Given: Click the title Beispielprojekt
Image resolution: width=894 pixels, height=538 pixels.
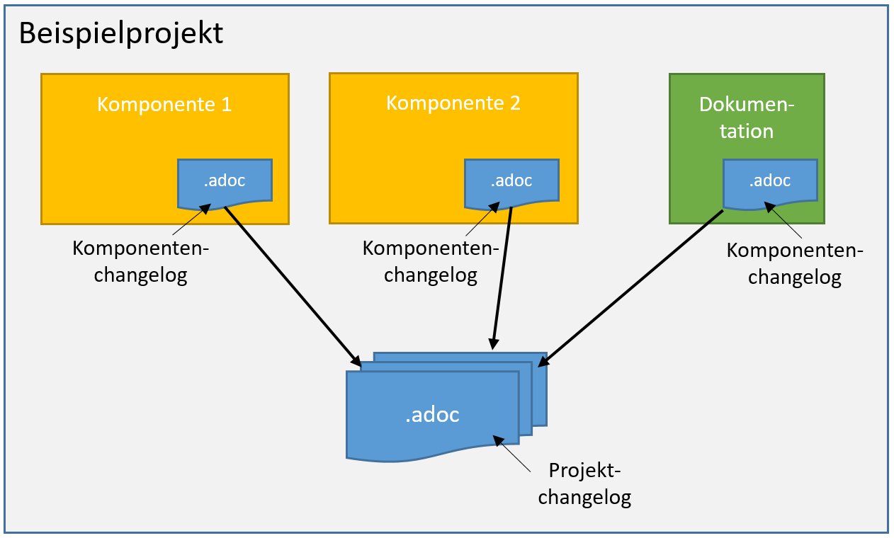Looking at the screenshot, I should pos(120,33).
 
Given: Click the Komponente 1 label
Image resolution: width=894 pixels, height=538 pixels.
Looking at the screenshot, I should pos(164,104).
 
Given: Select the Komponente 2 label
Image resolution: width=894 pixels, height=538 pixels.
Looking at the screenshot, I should pos(453,103).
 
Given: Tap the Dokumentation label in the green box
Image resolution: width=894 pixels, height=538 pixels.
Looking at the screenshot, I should pos(747,118).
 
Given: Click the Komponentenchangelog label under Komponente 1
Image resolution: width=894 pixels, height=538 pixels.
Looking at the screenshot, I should pos(141,262).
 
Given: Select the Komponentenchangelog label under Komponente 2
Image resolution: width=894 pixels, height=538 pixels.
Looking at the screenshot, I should pos(431,262).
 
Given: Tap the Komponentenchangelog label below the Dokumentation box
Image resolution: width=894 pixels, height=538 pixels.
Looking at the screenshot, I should pos(795,264).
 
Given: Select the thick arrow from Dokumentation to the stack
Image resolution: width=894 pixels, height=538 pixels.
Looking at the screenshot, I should pos(630,287).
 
